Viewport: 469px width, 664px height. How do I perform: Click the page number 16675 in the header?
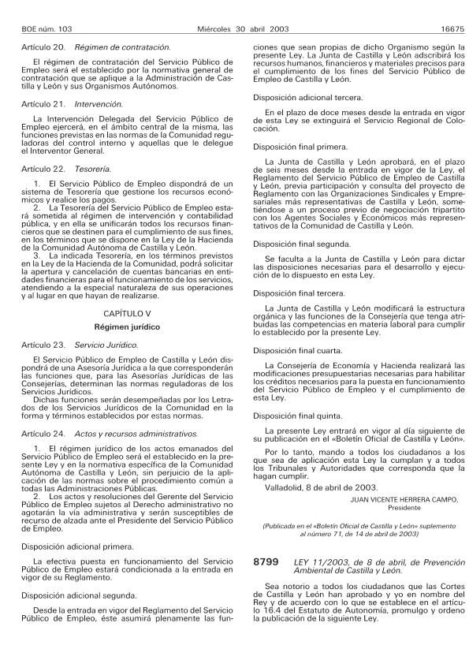pyautogui.click(x=450, y=30)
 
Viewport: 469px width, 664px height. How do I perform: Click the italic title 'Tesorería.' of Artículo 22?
pyautogui.click(x=93, y=168)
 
